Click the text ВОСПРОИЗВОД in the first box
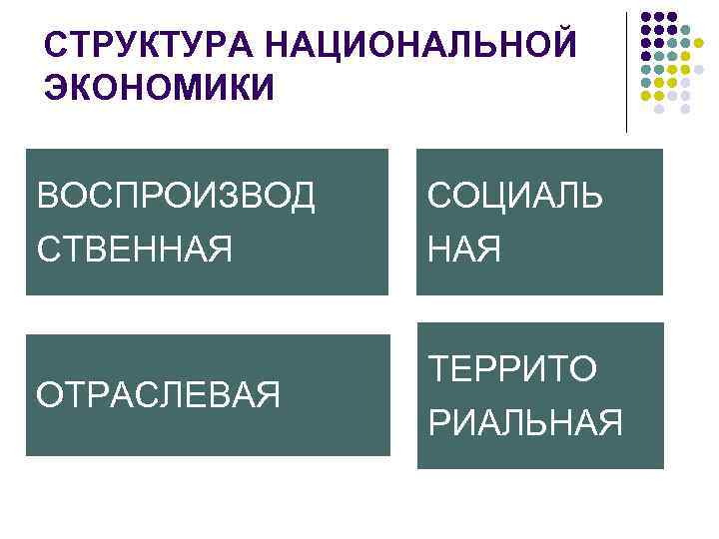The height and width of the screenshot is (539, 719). (176, 196)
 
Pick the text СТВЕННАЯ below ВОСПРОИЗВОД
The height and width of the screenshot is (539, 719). (134, 247)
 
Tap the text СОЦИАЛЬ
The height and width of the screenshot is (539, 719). (515, 196)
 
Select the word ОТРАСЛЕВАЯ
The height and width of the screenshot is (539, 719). (158, 395)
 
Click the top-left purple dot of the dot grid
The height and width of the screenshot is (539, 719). (645, 17)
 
